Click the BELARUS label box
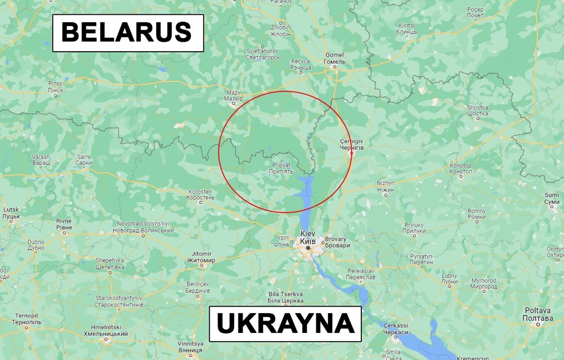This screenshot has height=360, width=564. pyautogui.click(x=127, y=33)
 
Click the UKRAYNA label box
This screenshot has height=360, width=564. pyautogui.click(x=285, y=324)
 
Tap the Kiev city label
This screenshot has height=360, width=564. pyautogui.click(x=308, y=238)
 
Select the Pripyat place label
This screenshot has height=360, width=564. pyautogui.click(x=281, y=168)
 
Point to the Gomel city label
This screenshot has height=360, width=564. pyautogui.click(x=335, y=58)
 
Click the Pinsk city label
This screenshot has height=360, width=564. pyautogui.click(x=55, y=86)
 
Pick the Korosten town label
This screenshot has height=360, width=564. pyautogui.click(x=201, y=195)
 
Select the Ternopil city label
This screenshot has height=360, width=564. pyautogui.click(x=26, y=319)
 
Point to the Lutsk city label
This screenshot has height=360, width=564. pyautogui.click(x=11, y=213)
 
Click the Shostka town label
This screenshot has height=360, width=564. pyautogui.click(x=478, y=111)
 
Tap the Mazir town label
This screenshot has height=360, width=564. pyautogui.click(x=234, y=95)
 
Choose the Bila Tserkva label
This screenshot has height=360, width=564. pyautogui.click(x=285, y=297)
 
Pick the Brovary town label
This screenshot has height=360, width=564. pyautogui.click(x=336, y=242)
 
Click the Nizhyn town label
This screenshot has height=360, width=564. pyautogui.click(x=385, y=187)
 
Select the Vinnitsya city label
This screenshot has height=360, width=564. pyautogui.click(x=190, y=346)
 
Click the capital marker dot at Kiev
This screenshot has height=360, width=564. pyautogui.click(x=308, y=248)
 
